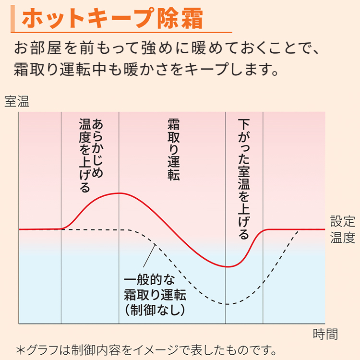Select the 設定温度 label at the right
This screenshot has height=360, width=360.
(x=343, y=229)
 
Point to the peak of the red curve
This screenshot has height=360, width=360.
(x=119, y=193)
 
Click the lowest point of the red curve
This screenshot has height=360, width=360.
(x=228, y=266)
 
